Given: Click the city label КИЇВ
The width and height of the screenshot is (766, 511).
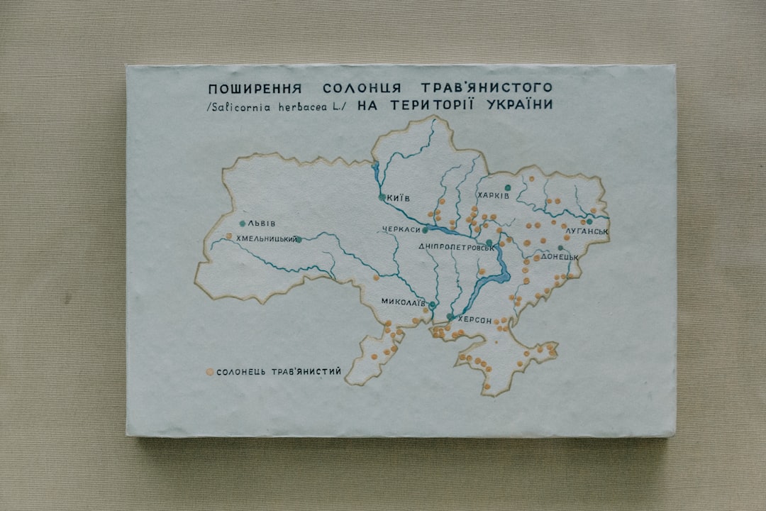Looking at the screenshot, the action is coord(399,198).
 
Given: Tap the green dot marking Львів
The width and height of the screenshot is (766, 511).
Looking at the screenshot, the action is coord(243,224).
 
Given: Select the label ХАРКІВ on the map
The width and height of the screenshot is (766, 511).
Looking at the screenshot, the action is coord(493,196).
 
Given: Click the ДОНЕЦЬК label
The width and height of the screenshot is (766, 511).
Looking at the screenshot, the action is coord(560,257).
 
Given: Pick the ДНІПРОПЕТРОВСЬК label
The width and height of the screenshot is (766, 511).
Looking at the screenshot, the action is coord(455,247).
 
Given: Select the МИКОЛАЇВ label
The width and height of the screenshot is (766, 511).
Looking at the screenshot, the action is coord(403,302).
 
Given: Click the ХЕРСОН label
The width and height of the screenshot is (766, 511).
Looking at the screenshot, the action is coord(474,321).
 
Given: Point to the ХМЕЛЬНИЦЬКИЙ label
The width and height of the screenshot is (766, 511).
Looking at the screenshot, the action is coord(266,239).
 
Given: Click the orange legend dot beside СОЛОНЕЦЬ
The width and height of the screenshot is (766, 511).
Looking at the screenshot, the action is coord(209,371).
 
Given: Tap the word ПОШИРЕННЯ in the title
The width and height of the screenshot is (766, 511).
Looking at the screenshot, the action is coord(255,89).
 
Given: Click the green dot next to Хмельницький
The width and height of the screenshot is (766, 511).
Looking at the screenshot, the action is coord(299,239).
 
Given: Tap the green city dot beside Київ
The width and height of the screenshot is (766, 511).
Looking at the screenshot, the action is coord(382,197).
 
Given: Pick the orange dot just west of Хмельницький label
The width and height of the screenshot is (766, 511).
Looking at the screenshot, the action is coord(228,236).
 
